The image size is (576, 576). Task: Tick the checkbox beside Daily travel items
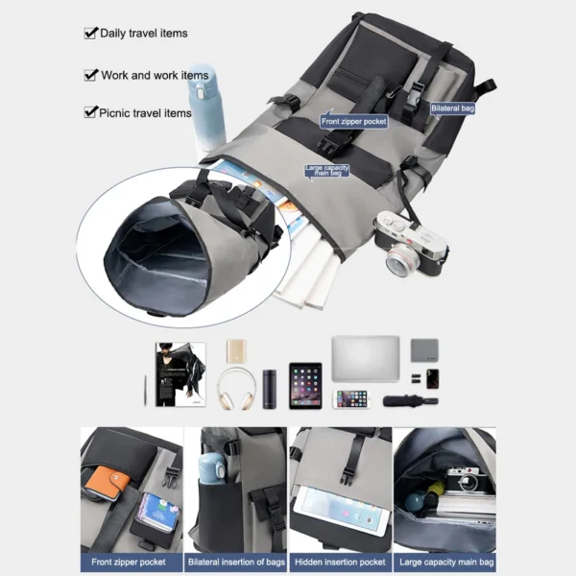pos(91,34)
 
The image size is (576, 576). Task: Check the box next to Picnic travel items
pos(91,113)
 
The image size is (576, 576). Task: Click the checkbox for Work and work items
pos(91,75)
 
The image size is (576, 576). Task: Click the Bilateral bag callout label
pos(451,108)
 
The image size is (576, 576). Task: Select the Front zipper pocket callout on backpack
pos(353,122)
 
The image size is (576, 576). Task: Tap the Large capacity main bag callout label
pos(326,171)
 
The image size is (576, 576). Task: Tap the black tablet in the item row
pos(305,385)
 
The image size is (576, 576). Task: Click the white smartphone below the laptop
pos(352,397)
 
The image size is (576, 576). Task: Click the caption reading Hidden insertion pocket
pos(340,562)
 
